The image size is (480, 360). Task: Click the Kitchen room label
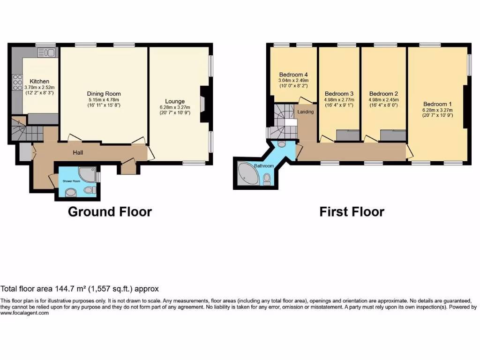point(39,82)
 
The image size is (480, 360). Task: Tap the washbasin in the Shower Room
point(70,192)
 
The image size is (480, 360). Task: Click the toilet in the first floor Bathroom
point(267,178)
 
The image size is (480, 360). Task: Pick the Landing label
point(305,112)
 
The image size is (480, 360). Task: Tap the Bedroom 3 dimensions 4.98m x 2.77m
point(339,99)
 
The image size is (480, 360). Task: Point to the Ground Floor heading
point(110,212)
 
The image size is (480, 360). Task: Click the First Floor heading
point(352,212)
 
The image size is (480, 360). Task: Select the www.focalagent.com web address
point(24,313)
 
